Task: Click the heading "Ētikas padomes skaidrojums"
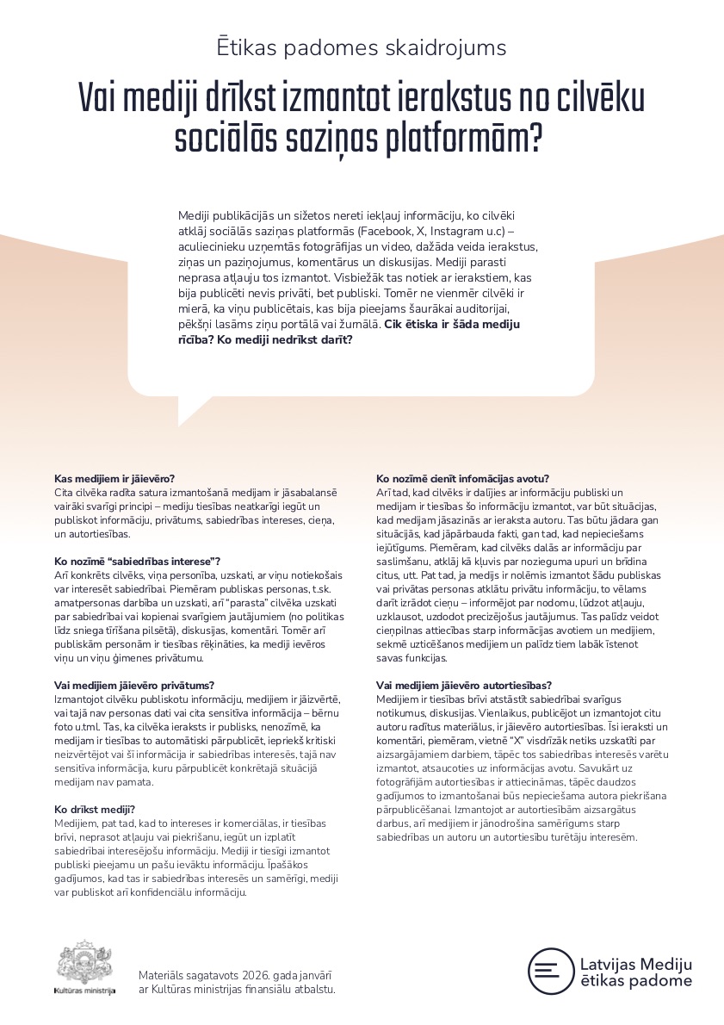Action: (362, 47)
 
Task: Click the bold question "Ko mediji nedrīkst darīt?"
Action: (285, 339)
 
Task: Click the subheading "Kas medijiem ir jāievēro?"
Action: (114, 478)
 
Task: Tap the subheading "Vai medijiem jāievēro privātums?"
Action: (134, 685)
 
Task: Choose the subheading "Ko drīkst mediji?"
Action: (94, 809)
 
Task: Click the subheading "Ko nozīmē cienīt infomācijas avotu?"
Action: (463, 478)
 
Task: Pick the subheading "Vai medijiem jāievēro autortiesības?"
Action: (464, 685)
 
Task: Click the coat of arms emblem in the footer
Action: (84, 962)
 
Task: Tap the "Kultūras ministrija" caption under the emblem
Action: (84, 991)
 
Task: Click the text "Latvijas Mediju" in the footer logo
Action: (635, 964)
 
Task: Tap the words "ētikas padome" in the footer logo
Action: (635, 981)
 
